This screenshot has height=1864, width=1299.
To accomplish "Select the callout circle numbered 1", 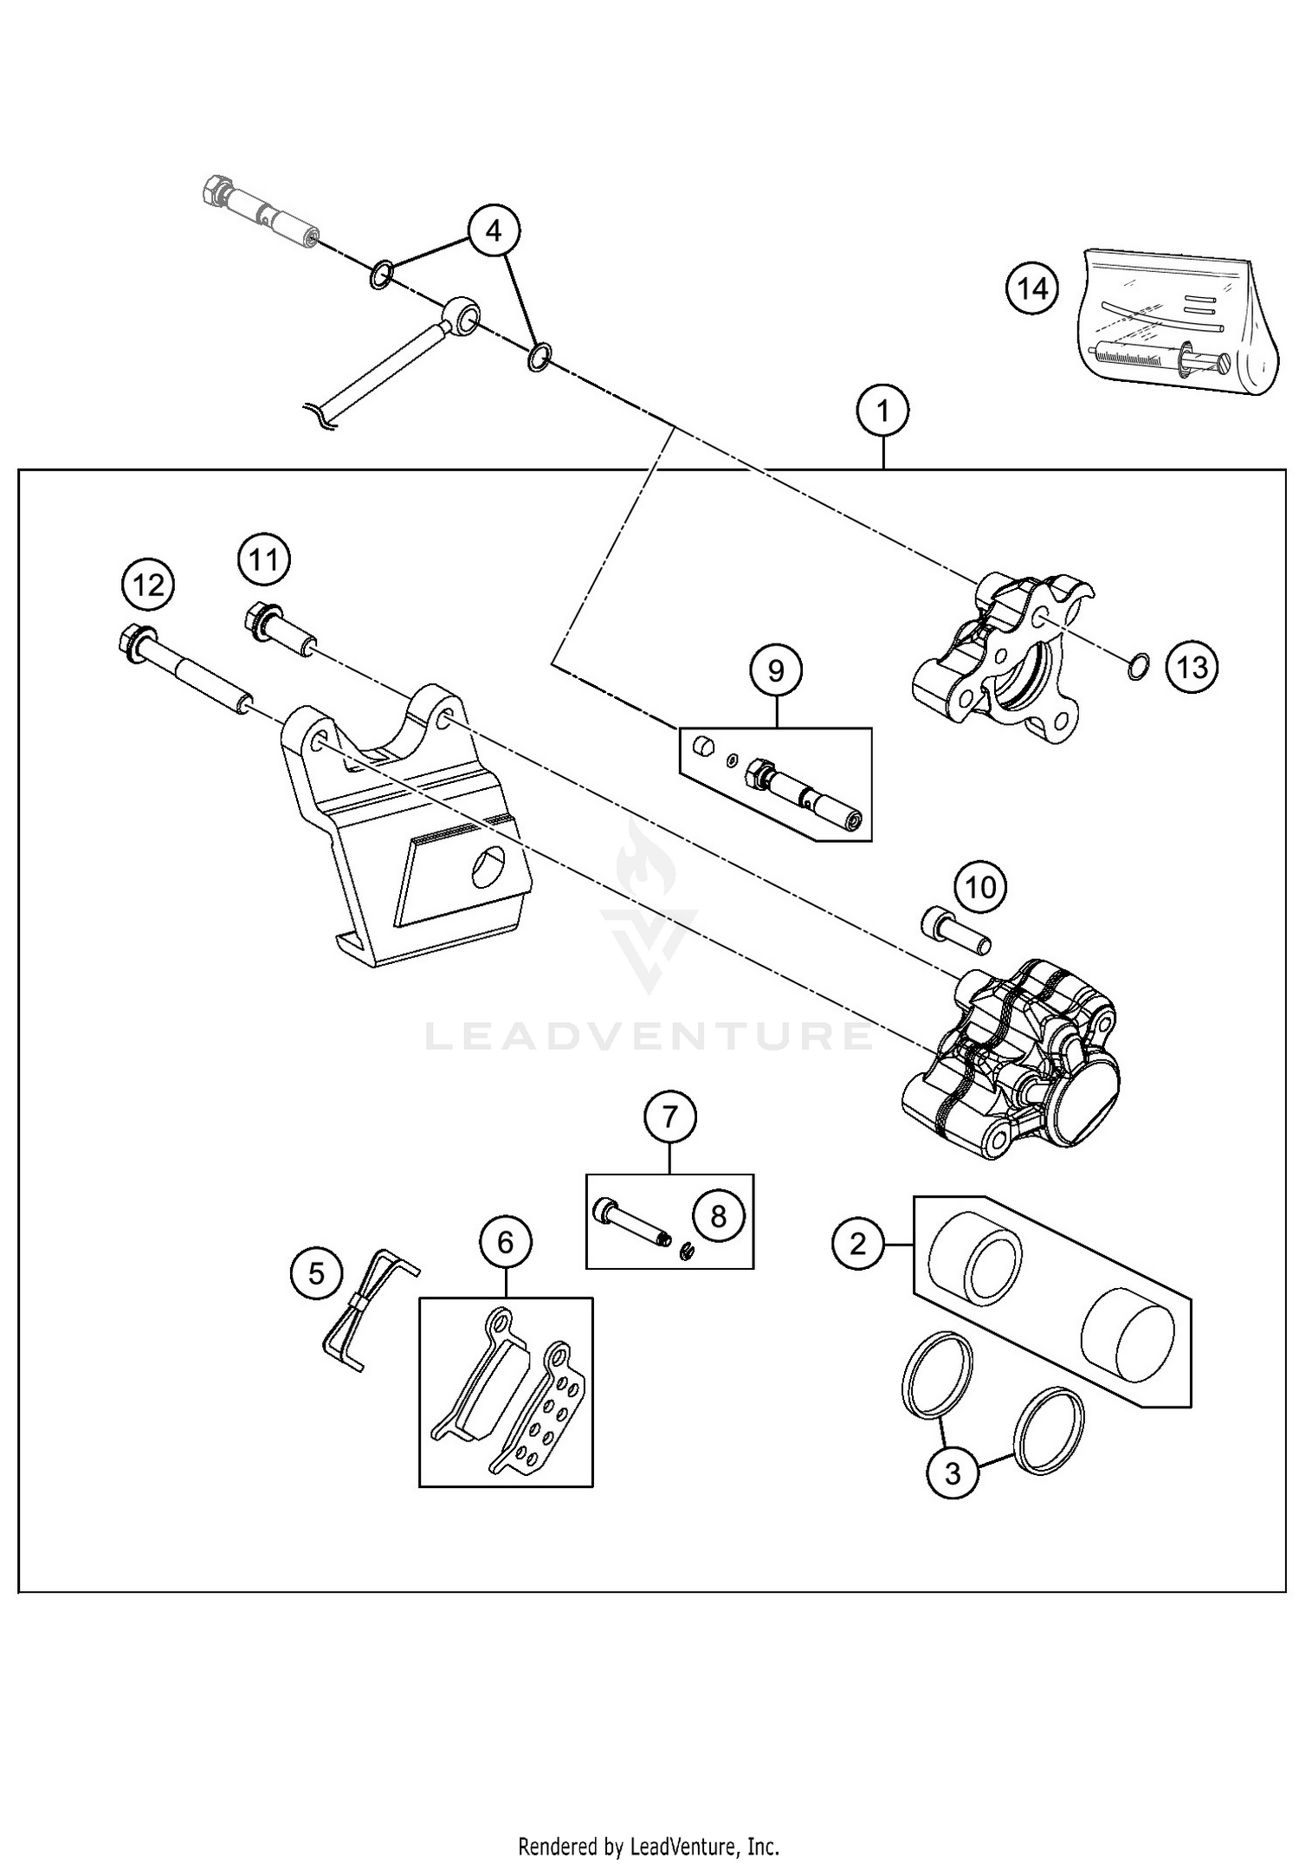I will (x=883, y=410).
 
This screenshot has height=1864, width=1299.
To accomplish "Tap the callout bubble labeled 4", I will (x=494, y=230).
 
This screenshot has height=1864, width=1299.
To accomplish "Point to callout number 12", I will (x=148, y=586).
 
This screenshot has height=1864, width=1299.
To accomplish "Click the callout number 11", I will (x=264, y=560).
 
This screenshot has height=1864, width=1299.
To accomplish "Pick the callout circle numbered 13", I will (x=1192, y=667).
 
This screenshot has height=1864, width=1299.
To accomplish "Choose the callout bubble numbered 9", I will (x=776, y=670).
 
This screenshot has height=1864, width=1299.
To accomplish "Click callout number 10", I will (x=980, y=887).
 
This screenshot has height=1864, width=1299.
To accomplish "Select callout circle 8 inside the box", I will (x=718, y=1216).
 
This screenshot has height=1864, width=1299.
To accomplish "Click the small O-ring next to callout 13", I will (x=1140, y=667).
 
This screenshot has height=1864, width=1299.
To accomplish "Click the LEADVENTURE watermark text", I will (x=649, y=1036).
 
